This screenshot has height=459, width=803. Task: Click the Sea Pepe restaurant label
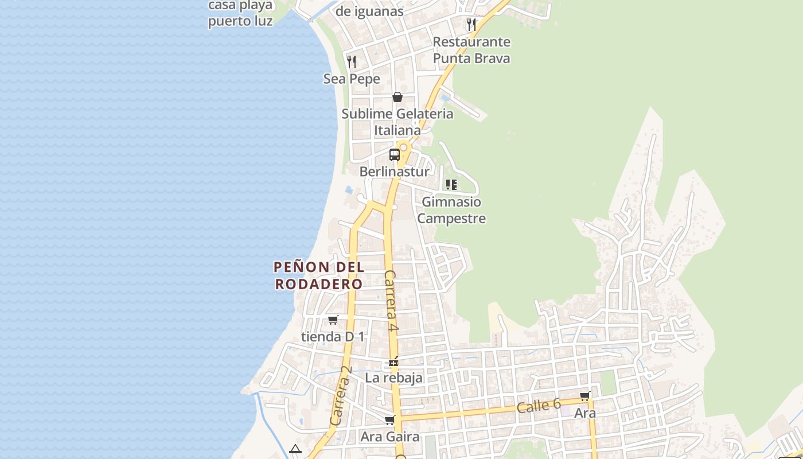coord(352,79)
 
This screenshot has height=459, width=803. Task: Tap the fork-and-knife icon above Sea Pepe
coord(352,61)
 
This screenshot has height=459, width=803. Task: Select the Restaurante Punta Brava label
coord(471,50)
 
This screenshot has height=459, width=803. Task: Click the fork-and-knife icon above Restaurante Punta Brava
coord(471,24)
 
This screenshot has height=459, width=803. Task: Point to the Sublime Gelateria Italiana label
coord(397,122)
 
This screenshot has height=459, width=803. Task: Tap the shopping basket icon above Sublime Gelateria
coord(397,97)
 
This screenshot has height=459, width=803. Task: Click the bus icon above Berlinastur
coord(395,154)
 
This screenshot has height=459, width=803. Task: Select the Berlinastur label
coord(394,172)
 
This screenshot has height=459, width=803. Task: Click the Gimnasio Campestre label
coord(451,210)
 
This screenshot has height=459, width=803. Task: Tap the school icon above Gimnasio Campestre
coord(451,185)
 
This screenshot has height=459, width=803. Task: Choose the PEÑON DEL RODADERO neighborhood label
coord(319,275)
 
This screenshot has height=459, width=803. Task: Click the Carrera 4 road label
coord(391,301)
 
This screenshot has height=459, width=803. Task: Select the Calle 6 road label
coord(539,406)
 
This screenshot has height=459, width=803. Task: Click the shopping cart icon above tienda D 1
coord(333,320)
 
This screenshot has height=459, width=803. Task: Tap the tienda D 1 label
coord(333,336)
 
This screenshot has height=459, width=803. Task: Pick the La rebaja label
coord(393,378)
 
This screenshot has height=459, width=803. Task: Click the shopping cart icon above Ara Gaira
coord(390,420)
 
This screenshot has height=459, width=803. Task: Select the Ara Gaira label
coord(389,437)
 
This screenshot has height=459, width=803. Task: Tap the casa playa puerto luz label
coord(240,13)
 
